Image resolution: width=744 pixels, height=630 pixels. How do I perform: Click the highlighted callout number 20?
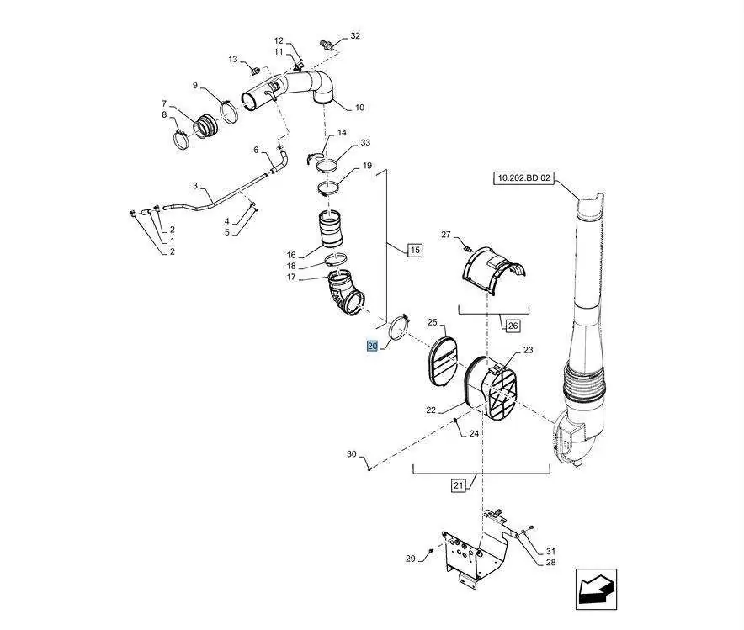tap(373, 346)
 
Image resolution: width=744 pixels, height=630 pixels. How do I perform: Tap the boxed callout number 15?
tap(415, 250)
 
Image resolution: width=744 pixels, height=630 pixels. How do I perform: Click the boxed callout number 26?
tap(513, 326)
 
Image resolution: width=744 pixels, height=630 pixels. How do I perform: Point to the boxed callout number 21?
tap(457, 485)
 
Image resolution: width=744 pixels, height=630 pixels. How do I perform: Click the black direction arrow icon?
tap(597, 589)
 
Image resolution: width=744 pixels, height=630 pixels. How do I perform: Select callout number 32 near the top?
tap(355, 35)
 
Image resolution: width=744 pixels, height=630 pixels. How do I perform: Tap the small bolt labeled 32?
tap(327, 44)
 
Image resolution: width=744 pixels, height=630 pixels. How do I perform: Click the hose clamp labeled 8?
tap(181, 140)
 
